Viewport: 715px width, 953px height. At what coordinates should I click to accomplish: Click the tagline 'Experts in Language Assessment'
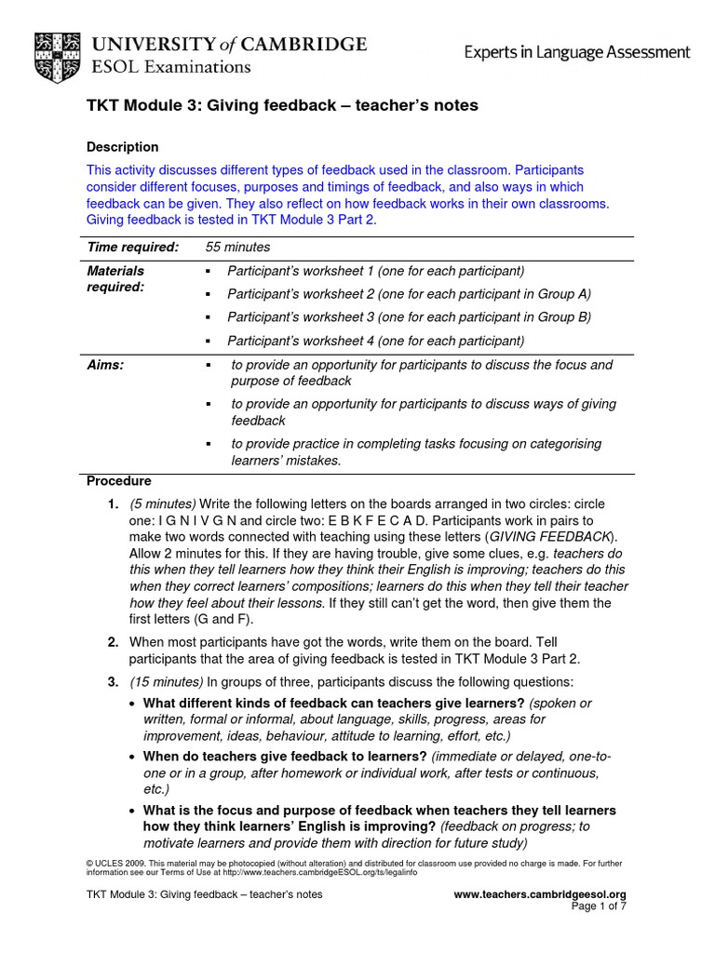point(577,53)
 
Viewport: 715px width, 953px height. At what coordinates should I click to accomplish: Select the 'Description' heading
point(122,147)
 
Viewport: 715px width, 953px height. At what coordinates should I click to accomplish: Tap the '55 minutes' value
point(237,247)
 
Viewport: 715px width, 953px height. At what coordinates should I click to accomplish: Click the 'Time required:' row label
point(132,247)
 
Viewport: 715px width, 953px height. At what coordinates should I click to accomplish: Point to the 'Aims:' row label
point(105,365)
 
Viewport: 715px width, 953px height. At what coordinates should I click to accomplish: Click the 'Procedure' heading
point(118,481)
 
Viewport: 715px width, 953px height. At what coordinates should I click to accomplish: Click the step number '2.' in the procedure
point(112,641)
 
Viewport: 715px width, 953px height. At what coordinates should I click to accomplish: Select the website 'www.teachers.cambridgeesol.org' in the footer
point(539,894)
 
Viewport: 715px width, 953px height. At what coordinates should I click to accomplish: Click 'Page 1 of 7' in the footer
point(599,906)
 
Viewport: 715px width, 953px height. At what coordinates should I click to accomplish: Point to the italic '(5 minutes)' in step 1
point(162,503)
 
